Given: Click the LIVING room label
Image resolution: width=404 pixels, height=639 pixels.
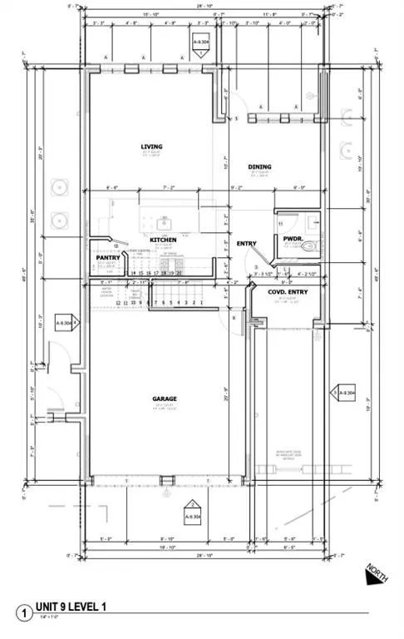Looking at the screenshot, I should point(152,147).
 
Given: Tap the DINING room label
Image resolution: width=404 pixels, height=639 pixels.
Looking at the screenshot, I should point(259,166).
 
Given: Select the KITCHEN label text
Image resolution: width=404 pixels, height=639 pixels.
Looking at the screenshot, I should point(163,240).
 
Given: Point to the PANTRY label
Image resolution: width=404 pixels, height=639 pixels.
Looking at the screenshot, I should point(108,257).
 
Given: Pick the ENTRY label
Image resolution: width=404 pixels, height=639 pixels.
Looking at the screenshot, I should point(248,243).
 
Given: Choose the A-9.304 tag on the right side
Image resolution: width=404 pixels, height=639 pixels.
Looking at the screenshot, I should point(343,391).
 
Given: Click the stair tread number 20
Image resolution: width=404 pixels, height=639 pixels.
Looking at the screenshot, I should point(179,273).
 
